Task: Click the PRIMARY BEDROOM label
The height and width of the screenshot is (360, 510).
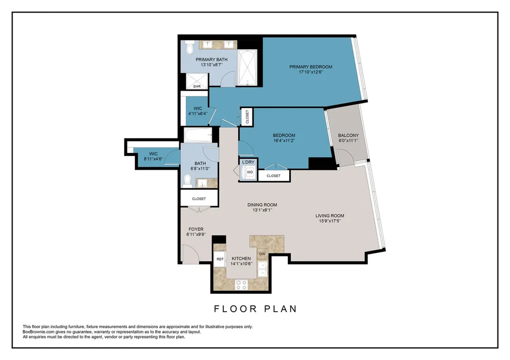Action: point(311,67)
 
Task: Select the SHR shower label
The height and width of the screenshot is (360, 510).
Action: point(197,87)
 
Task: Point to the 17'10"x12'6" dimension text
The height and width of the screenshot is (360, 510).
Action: point(311,72)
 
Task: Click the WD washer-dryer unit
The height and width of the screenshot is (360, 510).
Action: point(250,172)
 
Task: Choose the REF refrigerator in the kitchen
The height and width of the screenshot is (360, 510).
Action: point(220,259)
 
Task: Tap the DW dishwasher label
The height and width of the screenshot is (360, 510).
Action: point(262,254)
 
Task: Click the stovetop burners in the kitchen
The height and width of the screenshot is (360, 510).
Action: point(242,285)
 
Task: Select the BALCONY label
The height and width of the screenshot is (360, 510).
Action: point(348,135)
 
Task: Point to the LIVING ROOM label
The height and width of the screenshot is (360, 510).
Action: point(330,216)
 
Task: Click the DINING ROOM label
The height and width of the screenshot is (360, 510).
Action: point(262,205)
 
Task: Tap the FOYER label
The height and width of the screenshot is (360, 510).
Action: point(196,229)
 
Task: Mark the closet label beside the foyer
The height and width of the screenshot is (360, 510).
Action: point(199,199)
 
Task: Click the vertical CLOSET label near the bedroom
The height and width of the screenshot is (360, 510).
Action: point(247,117)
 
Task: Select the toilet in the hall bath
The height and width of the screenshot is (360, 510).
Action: point(187,181)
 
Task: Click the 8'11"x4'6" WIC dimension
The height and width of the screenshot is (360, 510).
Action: point(153,159)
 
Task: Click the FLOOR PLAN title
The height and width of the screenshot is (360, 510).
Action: point(255,309)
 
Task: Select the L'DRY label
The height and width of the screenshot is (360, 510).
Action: point(248,162)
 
